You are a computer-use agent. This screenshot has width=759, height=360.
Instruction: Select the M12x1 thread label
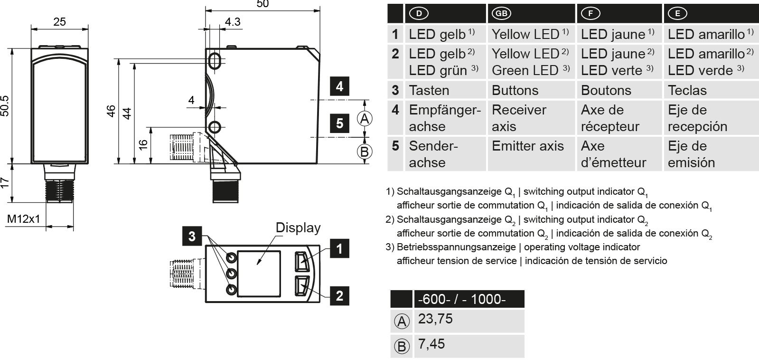point(23,219)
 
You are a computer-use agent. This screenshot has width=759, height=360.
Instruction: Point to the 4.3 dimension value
point(233,22)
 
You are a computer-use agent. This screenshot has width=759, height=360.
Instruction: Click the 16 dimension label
point(143,144)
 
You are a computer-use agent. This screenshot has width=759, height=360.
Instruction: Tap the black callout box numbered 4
point(339,86)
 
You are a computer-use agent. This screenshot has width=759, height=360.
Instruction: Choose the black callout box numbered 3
point(191,236)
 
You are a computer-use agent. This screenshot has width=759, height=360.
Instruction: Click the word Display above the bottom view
point(298,228)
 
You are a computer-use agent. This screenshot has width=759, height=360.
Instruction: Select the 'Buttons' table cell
point(515,90)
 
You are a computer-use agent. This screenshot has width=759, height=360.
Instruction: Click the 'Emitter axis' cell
point(528,146)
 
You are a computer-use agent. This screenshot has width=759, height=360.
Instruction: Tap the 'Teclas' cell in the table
point(687,90)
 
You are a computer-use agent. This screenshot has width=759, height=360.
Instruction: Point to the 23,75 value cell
point(435,319)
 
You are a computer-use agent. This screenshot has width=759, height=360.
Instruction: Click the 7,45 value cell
point(431,344)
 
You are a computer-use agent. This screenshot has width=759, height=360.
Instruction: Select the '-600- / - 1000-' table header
point(462,299)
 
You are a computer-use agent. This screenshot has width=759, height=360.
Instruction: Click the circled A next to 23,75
point(402,322)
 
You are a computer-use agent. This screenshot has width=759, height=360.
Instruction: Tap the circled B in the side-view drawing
point(364,152)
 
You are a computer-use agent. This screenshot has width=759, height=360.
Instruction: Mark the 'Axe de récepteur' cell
point(610,118)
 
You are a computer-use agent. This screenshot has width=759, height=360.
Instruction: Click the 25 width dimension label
point(60,22)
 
